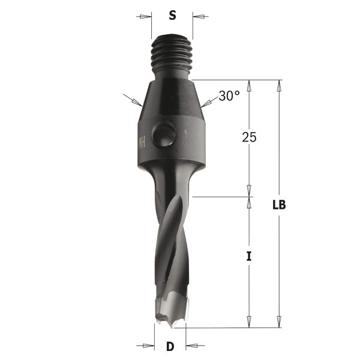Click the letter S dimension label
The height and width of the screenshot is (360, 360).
pos(172,17)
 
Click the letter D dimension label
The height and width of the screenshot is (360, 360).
pos(170,346)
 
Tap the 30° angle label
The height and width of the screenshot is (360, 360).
pos(229,95)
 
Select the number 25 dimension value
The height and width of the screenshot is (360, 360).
pos(249,137)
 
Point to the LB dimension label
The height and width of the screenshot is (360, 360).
pos(279,205)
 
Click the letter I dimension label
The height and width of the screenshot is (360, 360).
pos(249,257)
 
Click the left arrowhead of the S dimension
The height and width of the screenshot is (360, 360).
pos(148,17)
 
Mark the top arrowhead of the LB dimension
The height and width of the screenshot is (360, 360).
pos(279,85)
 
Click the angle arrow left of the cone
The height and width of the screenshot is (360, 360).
pos(128,97)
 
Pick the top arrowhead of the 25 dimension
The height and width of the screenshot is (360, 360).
pos(249,85)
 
